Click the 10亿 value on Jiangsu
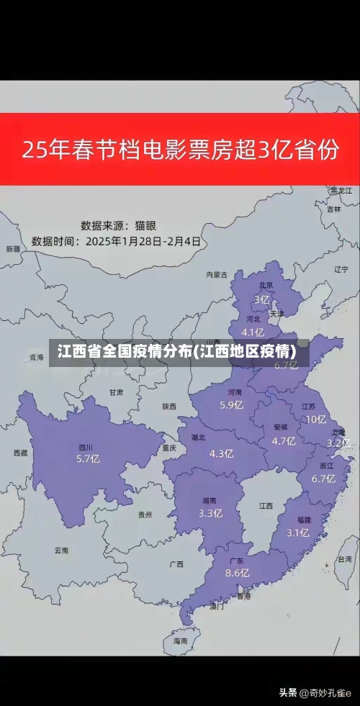(x=315, y=420)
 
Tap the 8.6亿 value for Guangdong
(x=237, y=573)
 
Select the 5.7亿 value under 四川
(x=88, y=458)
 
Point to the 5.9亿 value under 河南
(x=231, y=404)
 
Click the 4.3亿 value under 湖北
(x=221, y=453)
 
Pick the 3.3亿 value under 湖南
(x=210, y=513)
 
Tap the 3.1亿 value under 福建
(x=297, y=533)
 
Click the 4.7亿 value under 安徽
(x=284, y=440)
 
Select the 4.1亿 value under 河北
(x=252, y=332)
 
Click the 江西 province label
(x=266, y=505)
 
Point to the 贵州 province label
(x=145, y=515)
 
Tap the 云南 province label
(x=61, y=550)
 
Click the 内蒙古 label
(x=216, y=274)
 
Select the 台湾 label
(x=344, y=558)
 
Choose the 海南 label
(x=180, y=640)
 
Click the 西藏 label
(x=20, y=453)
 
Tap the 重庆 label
(x=169, y=447)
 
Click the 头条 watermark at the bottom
(x=287, y=692)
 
